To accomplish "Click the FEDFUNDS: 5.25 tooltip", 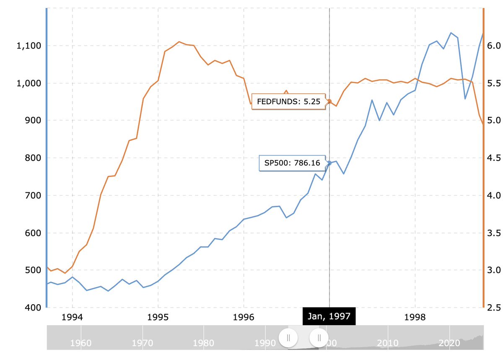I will [x=288, y=101].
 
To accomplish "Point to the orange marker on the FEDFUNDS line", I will [x=329, y=101].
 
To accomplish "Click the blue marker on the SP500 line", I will [x=329, y=163].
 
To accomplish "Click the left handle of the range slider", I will [x=288, y=337].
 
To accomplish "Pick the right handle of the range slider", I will [x=319, y=337].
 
